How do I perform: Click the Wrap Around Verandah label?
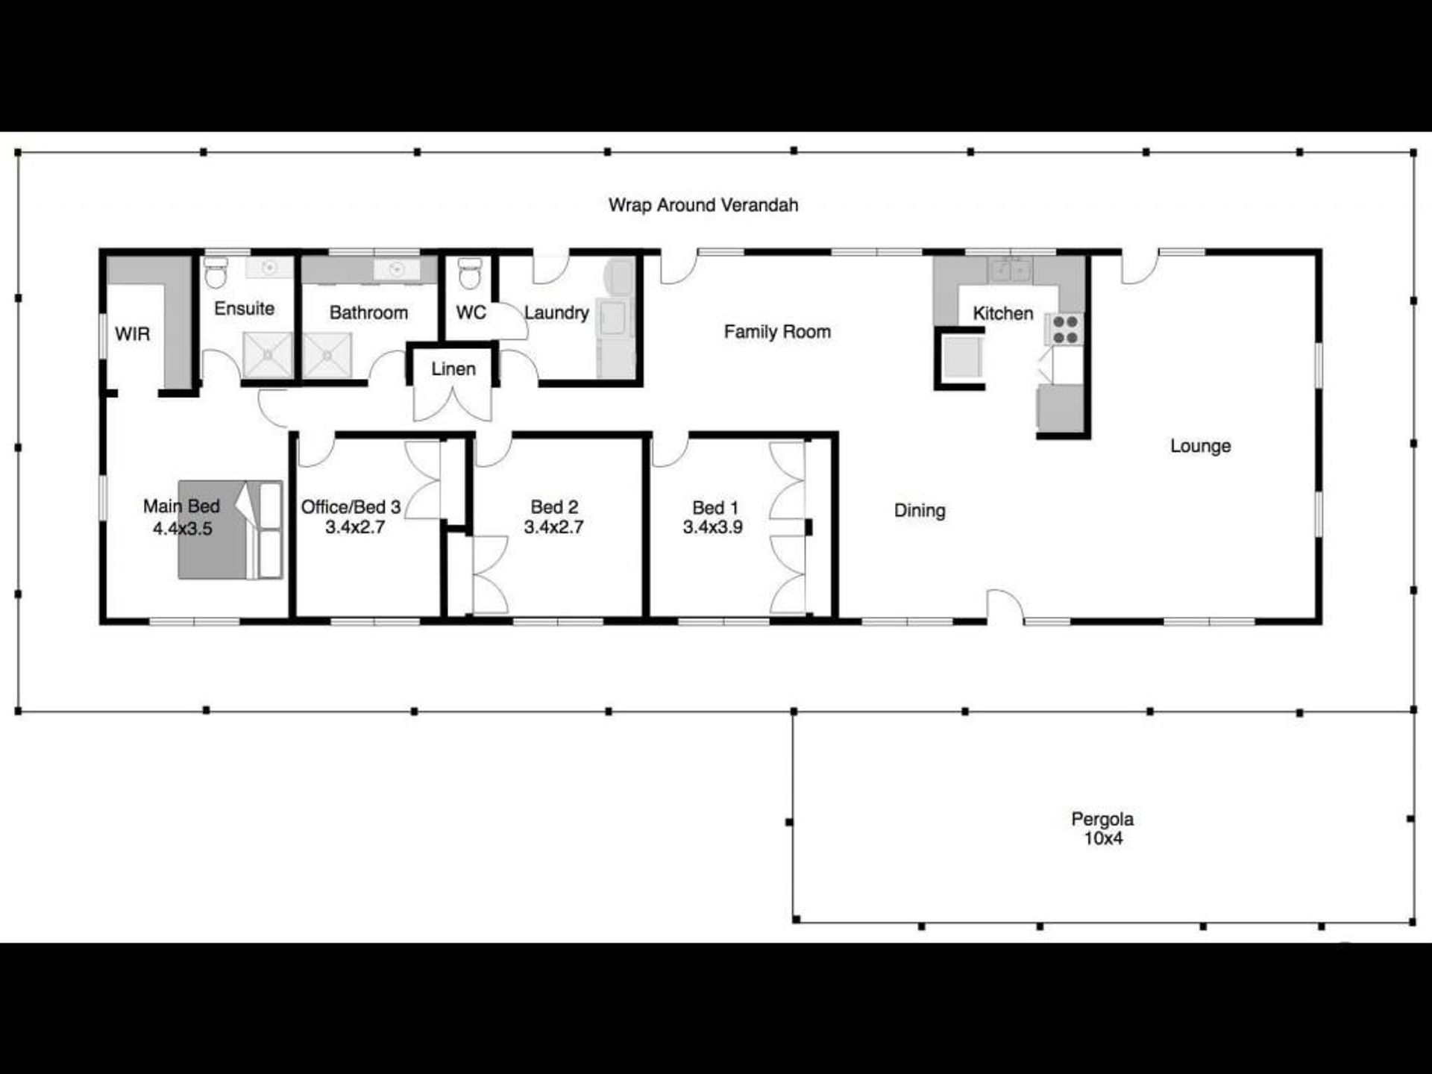click(703, 205)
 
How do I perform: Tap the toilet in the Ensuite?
click(216, 273)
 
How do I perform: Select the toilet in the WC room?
click(469, 274)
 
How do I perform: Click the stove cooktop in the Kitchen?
click(1065, 330)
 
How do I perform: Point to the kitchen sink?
click(1010, 269)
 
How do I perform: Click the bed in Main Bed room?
click(230, 530)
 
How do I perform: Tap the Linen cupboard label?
click(453, 369)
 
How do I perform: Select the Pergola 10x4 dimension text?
click(1103, 839)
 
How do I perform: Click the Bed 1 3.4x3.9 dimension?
click(713, 527)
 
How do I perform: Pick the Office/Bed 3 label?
click(351, 507)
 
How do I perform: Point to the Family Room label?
click(777, 332)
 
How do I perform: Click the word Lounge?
click(1200, 446)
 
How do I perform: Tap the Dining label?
click(920, 511)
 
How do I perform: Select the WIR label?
click(132, 334)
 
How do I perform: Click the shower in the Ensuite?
click(268, 355)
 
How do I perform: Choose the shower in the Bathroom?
click(327, 355)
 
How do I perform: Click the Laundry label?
click(556, 313)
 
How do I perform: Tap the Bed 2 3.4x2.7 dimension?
click(553, 527)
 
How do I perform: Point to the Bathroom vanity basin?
click(395, 269)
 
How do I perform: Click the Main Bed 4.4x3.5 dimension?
click(182, 529)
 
